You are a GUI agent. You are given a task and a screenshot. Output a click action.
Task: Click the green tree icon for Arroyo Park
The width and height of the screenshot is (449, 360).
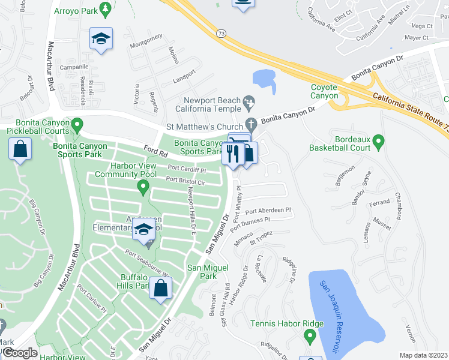pos(106,8)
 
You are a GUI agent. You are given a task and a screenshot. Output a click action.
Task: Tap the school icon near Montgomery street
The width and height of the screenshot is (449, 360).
pos(101,40)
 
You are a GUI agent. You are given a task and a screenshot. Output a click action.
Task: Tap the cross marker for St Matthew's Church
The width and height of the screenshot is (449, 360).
pos(252,126)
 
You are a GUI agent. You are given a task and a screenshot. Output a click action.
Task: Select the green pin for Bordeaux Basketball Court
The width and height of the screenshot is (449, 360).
pos(378,142)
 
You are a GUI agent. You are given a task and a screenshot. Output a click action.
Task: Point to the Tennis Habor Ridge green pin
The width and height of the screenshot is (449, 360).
pos(310,337)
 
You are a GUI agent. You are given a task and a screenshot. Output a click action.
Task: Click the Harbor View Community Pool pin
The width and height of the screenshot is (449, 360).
pos(143,188)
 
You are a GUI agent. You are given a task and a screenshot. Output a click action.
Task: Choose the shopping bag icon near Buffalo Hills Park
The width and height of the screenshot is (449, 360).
pos(161,289)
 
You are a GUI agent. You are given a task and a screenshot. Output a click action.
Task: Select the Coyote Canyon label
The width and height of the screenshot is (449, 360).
pos(324,91)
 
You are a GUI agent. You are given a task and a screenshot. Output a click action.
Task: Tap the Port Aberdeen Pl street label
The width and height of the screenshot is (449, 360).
pos(268,211)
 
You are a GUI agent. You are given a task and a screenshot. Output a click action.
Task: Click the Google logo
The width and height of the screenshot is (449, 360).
pos(20,353)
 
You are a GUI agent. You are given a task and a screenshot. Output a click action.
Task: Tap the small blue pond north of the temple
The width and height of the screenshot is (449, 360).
pos(264,80)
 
